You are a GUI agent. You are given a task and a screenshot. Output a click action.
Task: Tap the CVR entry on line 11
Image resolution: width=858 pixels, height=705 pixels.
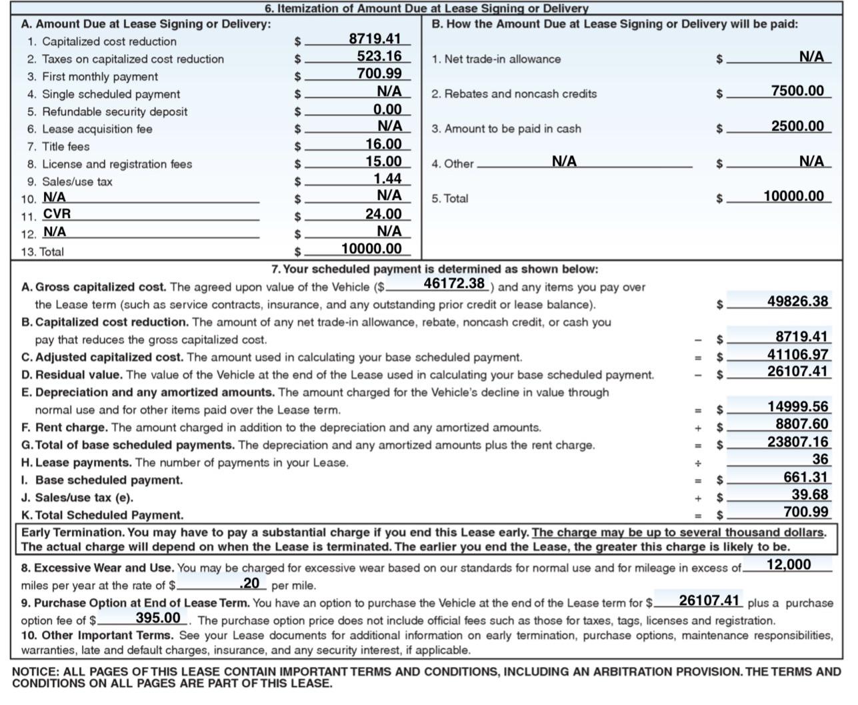(x=57, y=214)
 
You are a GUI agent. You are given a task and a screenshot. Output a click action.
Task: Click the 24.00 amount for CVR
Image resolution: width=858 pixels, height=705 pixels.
(x=383, y=214)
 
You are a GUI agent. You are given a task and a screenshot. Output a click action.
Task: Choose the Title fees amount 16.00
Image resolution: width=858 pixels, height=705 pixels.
(x=383, y=144)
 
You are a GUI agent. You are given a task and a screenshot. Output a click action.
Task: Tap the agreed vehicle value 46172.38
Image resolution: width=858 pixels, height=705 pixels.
(x=454, y=283)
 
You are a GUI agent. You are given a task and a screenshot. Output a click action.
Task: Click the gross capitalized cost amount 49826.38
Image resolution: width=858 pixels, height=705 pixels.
(x=797, y=301)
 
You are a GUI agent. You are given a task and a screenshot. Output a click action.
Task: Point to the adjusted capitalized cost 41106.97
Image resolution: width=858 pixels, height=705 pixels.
(x=797, y=354)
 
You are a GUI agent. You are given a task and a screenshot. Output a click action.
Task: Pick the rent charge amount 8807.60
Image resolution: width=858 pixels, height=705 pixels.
(x=801, y=424)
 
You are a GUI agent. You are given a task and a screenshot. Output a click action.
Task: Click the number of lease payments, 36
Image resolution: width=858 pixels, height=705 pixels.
(x=820, y=459)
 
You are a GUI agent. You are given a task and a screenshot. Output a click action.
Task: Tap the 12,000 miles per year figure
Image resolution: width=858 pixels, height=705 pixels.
(x=789, y=564)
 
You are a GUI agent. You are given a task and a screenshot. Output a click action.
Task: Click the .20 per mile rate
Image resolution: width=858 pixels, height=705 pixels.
(x=249, y=583)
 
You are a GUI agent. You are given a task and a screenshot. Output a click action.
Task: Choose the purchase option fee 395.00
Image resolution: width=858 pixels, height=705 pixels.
(x=157, y=618)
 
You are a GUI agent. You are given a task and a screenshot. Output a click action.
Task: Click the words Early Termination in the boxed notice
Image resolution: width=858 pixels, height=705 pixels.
(x=73, y=532)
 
